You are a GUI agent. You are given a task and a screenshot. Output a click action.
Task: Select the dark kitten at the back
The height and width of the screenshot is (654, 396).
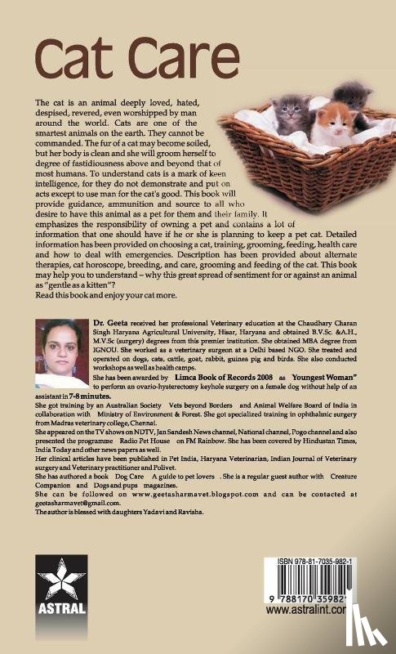(349, 96)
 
